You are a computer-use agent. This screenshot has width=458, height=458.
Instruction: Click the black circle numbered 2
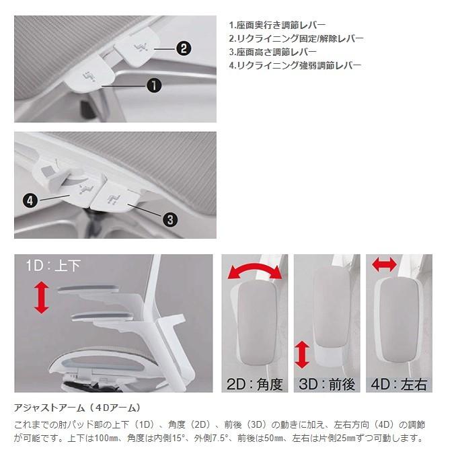pos(184,48)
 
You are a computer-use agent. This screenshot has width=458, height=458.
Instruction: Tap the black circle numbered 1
pos(153,85)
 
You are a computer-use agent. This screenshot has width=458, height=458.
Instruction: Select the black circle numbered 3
pos(170,219)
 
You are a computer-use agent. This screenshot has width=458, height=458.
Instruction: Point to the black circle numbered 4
pos(30,200)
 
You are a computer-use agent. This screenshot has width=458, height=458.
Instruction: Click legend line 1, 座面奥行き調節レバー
pos(277,26)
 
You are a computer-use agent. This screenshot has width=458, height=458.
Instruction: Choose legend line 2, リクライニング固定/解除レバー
pos(296,38)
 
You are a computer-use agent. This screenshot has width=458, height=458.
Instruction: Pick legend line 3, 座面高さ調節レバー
pos(273,52)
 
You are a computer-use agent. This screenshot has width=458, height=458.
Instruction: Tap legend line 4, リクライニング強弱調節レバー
pos(295,65)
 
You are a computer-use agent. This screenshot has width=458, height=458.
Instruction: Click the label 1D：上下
pos(53,266)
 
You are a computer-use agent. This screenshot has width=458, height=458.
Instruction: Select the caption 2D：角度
pos(255,384)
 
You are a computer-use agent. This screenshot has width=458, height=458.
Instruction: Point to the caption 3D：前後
pos(327,384)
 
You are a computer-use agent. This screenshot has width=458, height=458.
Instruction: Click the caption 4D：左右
pos(399,384)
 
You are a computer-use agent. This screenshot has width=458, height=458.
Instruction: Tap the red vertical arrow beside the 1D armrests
pos(42,297)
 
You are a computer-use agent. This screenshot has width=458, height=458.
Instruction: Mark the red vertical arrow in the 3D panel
pos(302,355)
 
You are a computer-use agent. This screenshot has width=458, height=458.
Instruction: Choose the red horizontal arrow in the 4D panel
pos(385,264)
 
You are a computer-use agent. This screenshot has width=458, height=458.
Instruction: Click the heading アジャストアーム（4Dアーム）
pos(77,408)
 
